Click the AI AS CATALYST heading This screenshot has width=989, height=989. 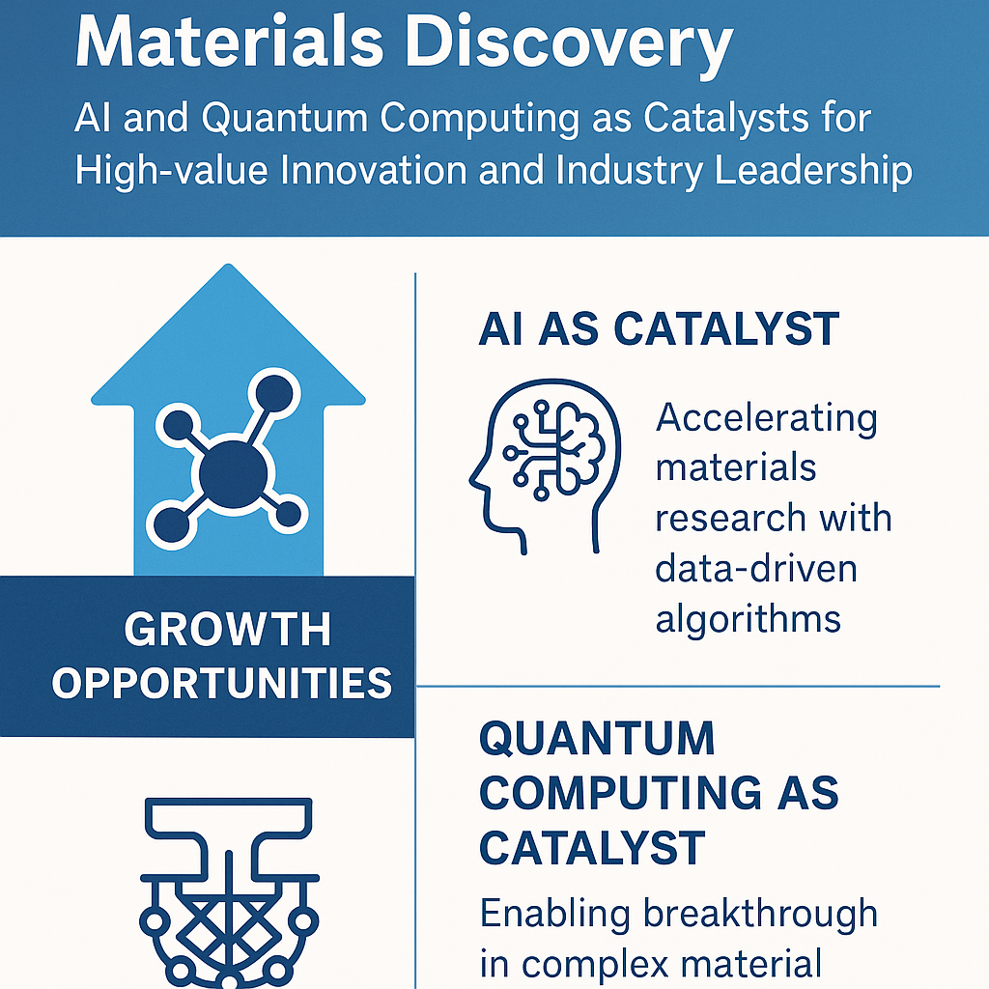click(659, 329)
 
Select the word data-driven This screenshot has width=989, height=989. click(756, 569)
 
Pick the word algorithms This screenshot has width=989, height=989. click(749, 618)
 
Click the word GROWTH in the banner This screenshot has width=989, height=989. click(228, 631)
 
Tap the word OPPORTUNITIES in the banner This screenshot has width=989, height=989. click(222, 683)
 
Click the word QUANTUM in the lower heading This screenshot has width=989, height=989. click(597, 740)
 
